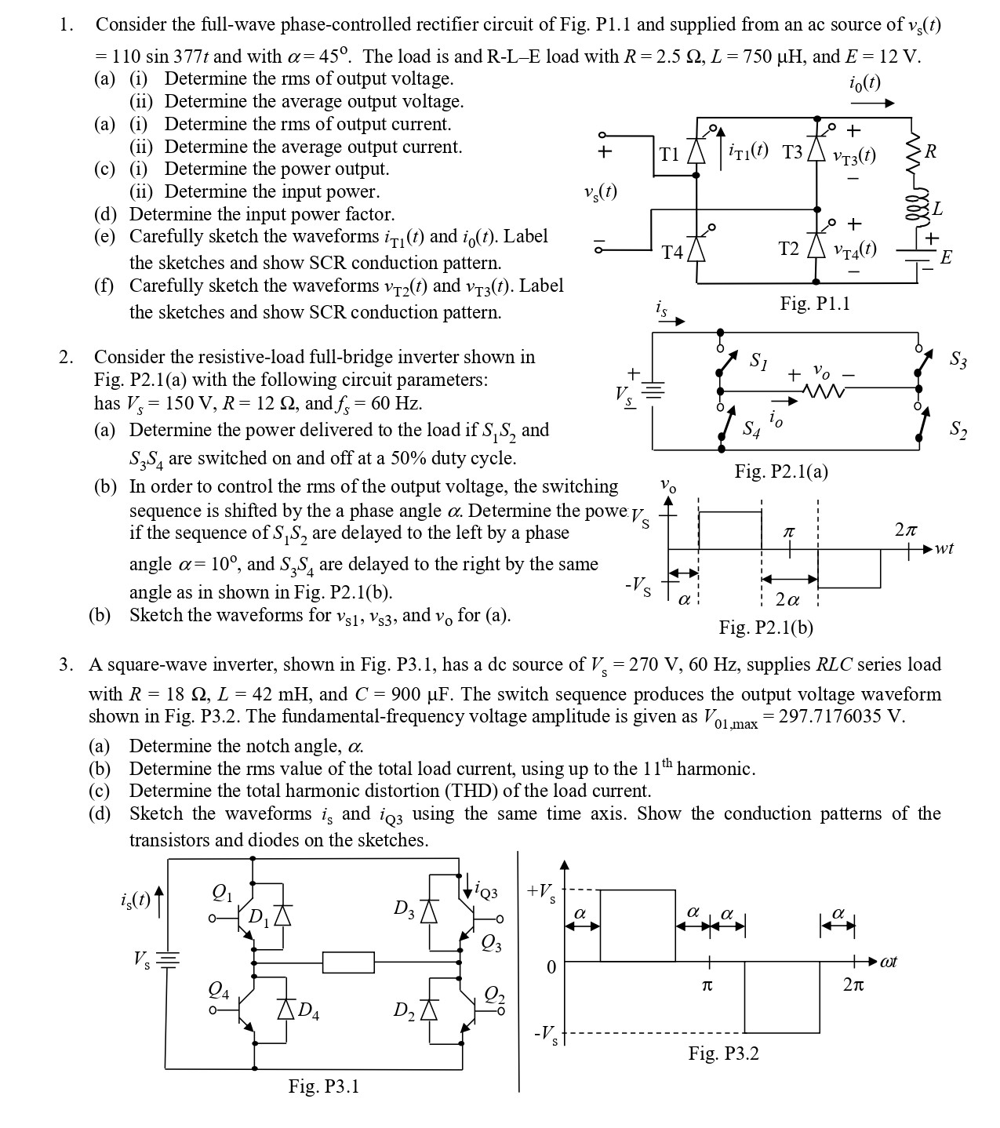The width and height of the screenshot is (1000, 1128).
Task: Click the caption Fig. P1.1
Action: [815, 304]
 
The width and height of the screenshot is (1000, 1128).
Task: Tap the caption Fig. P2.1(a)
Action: [781, 471]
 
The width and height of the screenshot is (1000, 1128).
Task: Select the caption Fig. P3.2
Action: [723, 1053]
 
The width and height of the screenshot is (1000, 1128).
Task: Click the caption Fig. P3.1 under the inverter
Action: [323, 1086]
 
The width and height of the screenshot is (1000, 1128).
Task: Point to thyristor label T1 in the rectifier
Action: [669, 154]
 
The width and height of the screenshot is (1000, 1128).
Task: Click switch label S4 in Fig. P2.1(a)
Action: [751, 429]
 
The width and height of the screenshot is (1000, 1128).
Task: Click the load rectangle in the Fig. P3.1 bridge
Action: [348, 962]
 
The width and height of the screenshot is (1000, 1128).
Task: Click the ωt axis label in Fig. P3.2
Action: [888, 962]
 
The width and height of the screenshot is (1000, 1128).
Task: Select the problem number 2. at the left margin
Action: [67, 358]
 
